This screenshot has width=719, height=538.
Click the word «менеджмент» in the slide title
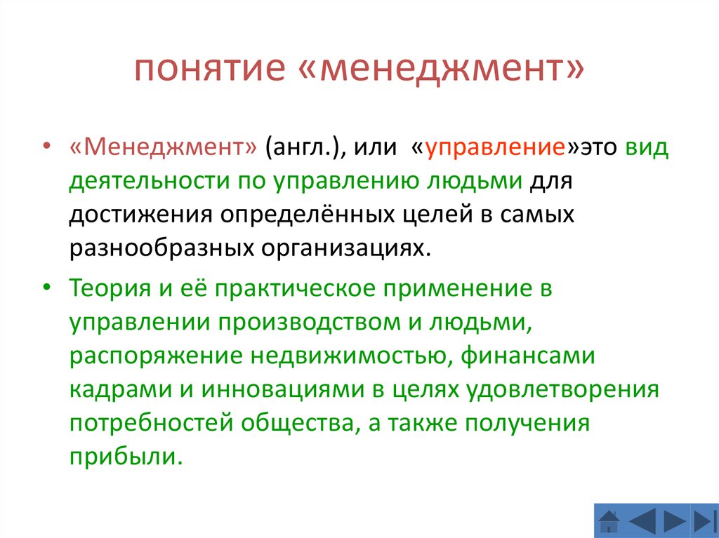(x=441, y=69)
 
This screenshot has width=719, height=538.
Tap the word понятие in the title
(x=210, y=69)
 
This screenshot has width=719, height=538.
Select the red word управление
(x=495, y=148)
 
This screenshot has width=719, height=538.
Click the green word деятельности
(x=149, y=181)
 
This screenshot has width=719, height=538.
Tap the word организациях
(x=347, y=248)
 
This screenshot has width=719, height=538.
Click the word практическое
(x=295, y=288)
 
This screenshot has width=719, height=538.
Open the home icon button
(x=609, y=521)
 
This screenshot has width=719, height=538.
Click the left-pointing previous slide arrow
(x=643, y=521)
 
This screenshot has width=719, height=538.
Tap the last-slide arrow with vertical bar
(x=705, y=521)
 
